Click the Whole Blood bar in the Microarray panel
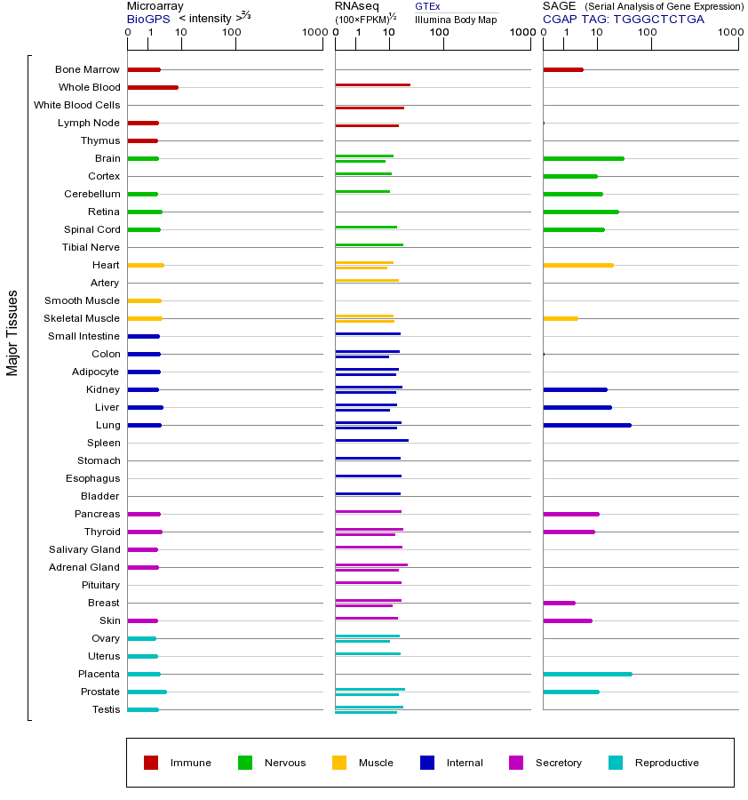click(x=153, y=87)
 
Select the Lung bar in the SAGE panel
click(x=586, y=425)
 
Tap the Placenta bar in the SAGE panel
click(x=587, y=674)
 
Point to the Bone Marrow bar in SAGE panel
click(x=562, y=69)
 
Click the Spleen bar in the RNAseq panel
click(x=371, y=440)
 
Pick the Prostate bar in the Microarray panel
click(x=147, y=692)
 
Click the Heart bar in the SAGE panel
click(x=577, y=265)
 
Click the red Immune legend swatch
click(x=151, y=763)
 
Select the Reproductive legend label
click(x=666, y=763)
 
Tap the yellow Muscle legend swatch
click(x=339, y=763)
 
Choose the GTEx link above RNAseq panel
click(x=427, y=6)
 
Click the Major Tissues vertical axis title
click(x=12, y=332)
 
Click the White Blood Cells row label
click(x=76, y=105)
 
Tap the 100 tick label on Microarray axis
click(x=232, y=33)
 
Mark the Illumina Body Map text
click(x=456, y=19)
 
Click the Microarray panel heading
click(x=155, y=6)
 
